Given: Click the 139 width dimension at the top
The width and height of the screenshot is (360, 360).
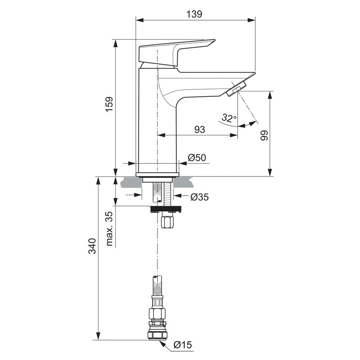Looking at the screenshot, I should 195,14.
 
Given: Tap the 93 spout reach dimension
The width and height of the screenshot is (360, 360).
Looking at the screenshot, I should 200,129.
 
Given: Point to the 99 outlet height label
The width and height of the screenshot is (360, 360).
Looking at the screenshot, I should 264,136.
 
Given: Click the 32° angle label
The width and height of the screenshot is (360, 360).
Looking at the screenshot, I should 229,118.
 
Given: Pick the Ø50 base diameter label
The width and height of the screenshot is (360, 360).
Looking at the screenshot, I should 197,157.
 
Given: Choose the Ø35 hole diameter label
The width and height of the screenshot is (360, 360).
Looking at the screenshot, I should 199,197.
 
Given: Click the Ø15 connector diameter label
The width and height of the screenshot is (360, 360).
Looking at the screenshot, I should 183,345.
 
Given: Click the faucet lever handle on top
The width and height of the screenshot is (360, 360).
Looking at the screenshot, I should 175,52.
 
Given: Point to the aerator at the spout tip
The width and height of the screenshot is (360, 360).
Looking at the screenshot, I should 237,88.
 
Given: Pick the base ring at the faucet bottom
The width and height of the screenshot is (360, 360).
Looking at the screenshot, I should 157,174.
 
